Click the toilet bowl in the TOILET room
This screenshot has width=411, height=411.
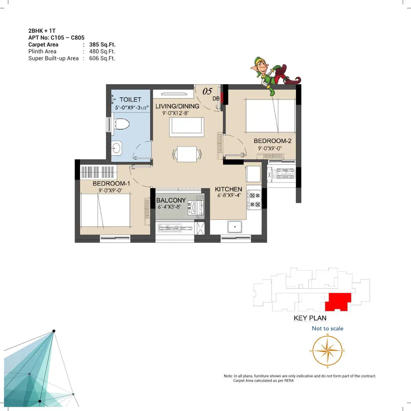(x=122, y=124)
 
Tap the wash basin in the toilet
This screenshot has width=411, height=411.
(x=116, y=148)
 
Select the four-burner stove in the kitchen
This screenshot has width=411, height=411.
(x=254, y=200)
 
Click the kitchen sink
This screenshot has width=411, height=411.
(x=235, y=227)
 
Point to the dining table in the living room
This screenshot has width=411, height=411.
(x=187, y=154)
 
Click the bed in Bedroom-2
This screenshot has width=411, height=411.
(x=271, y=115)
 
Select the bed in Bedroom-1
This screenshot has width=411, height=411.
(x=105, y=210)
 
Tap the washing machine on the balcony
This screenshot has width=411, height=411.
(x=196, y=207)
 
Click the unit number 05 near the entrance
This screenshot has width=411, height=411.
(x=207, y=91)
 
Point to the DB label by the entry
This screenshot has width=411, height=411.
(x=216, y=99)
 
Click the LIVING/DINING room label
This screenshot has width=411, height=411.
(x=177, y=106)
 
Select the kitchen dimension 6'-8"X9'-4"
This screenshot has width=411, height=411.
(x=229, y=195)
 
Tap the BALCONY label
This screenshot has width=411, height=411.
(x=171, y=200)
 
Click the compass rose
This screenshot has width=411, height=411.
(x=327, y=351)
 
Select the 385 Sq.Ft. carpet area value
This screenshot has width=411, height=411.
(x=102, y=45)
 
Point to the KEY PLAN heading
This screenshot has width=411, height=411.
(x=310, y=318)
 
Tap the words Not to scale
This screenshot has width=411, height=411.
(x=327, y=328)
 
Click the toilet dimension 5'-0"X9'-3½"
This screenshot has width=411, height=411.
(x=132, y=108)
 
